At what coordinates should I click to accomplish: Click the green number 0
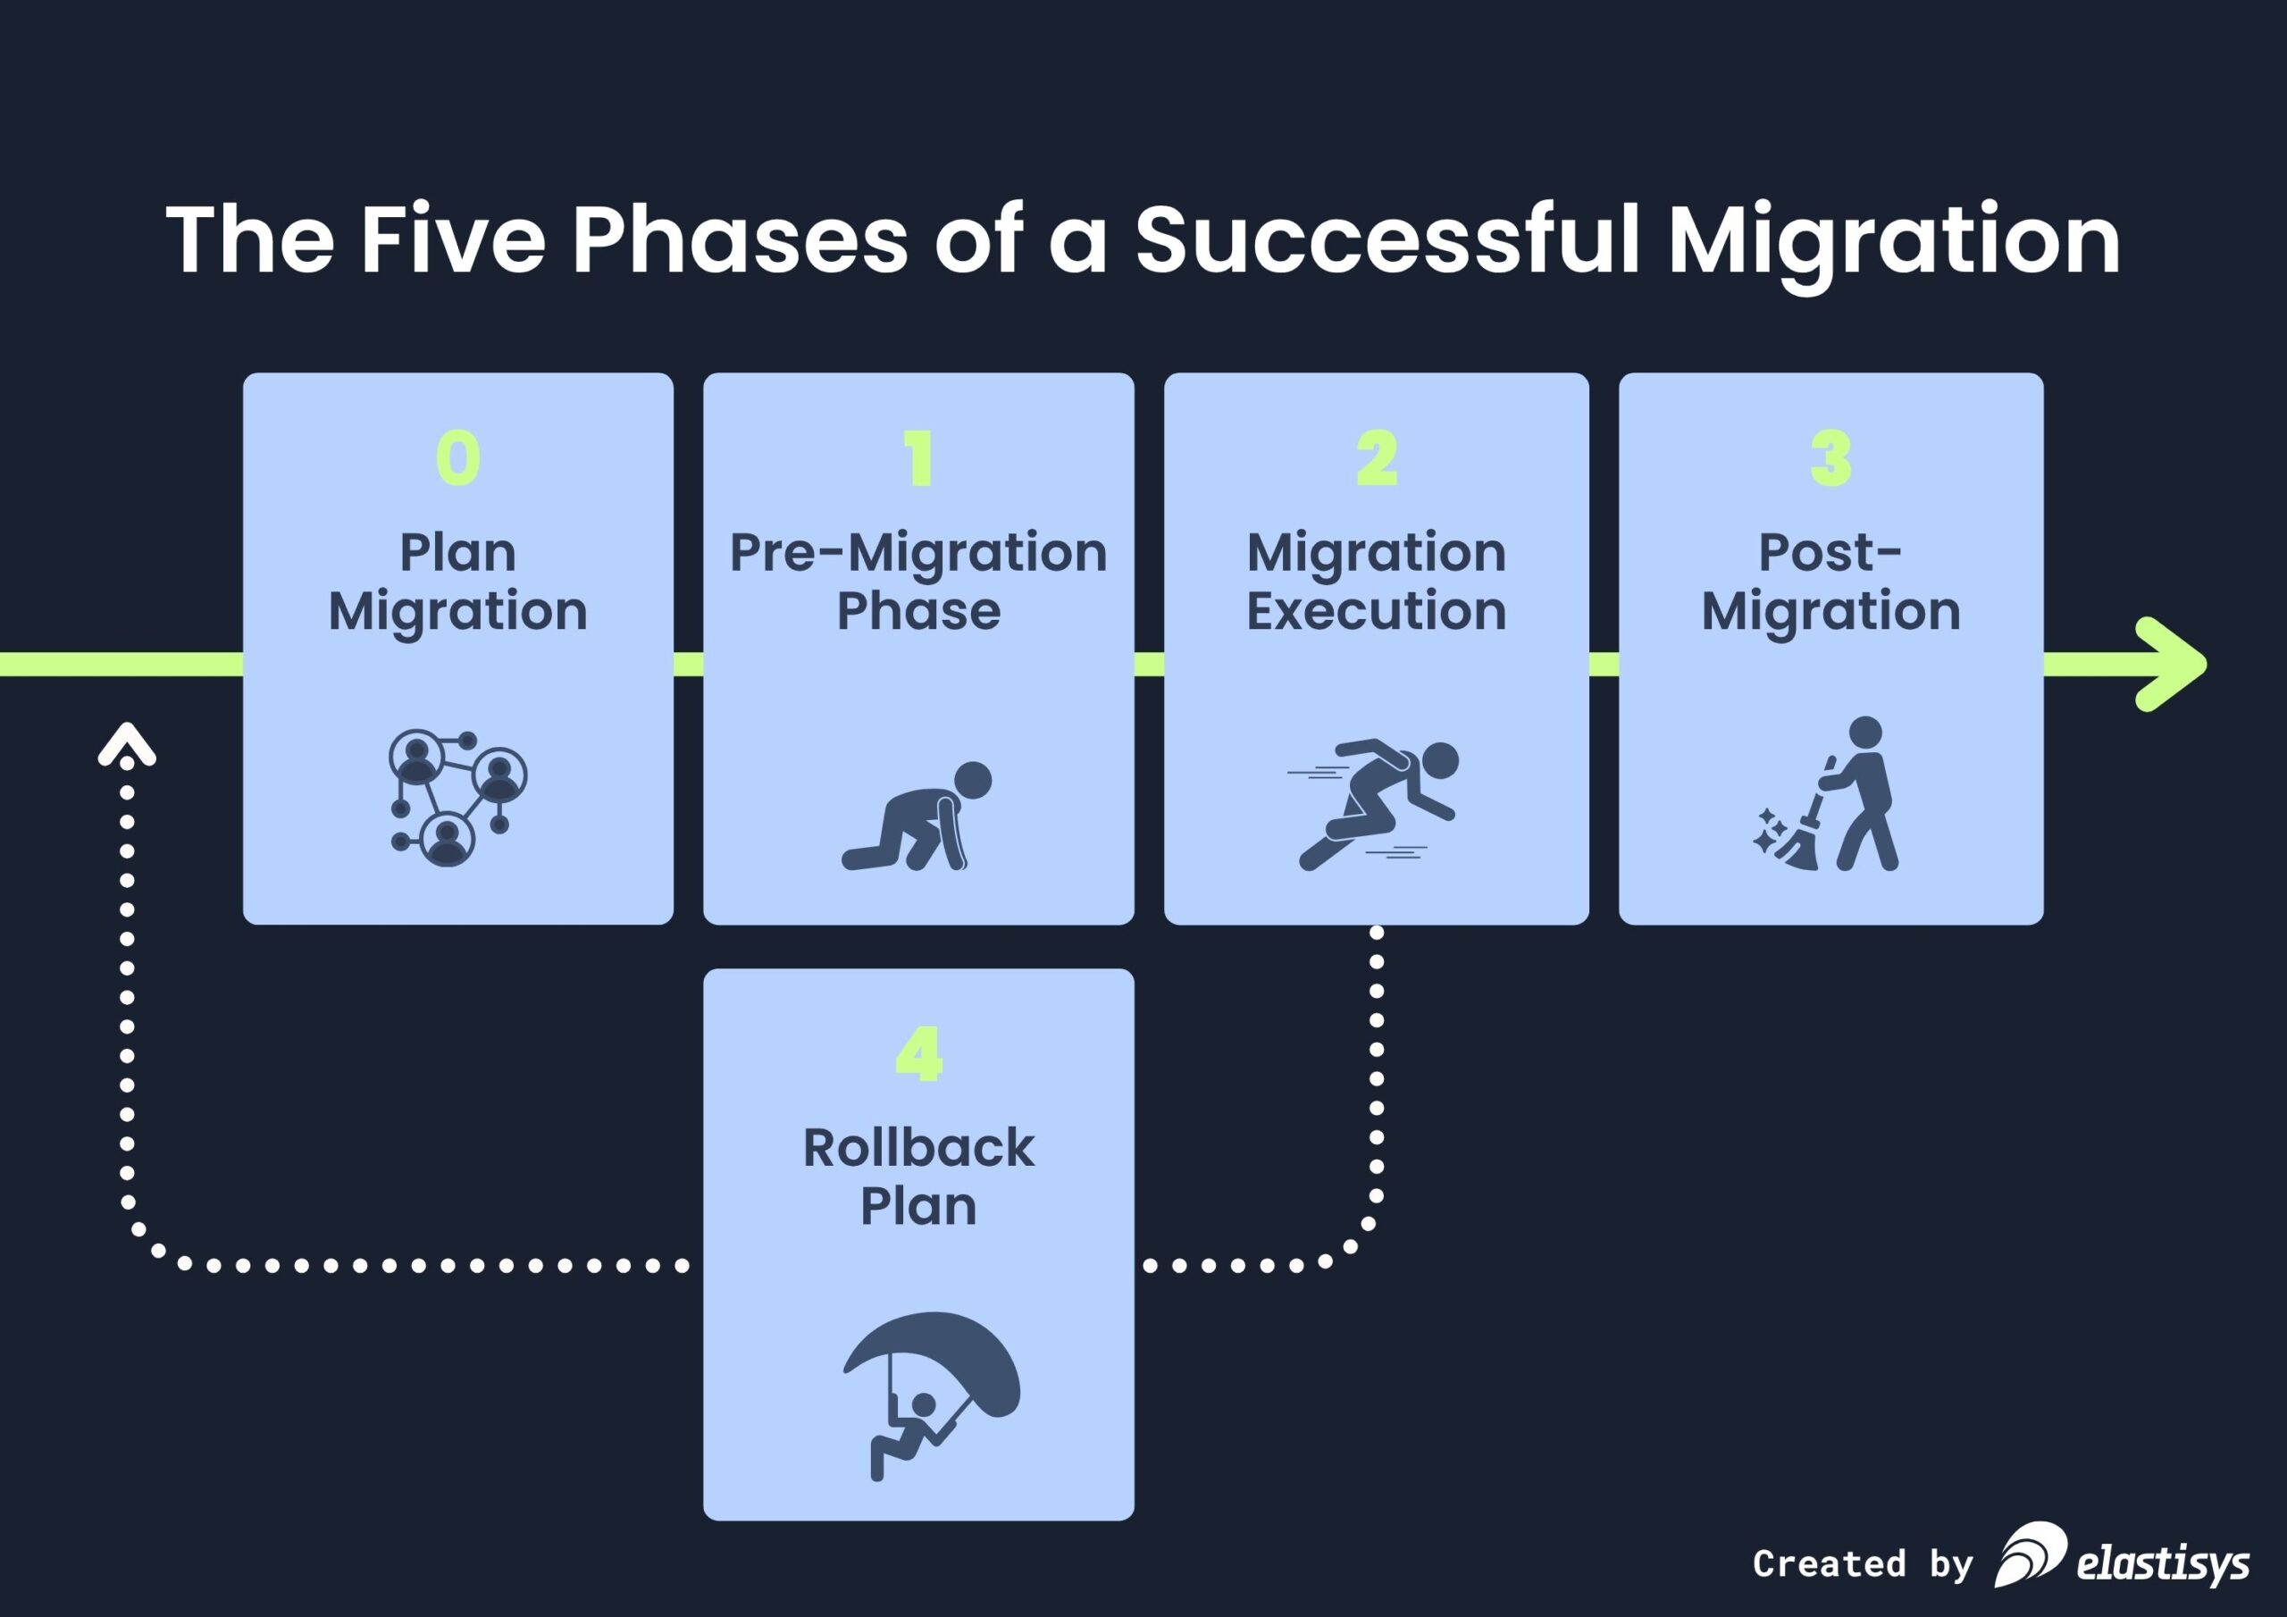pyautogui.click(x=458, y=458)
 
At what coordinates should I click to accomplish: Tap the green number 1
pyautogui.click(x=919, y=458)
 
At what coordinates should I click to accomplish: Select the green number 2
pyautogui.click(x=1377, y=458)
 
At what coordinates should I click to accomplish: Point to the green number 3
pyautogui.click(x=1830, y=458)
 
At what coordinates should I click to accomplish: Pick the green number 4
pyautogui.click(x=918, y=1054)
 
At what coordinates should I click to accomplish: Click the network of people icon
pyautogui.click(x=457, y=798)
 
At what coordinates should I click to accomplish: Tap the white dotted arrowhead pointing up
pyautogui.click(x=128, y=746)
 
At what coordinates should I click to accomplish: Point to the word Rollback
pyautogui.click(x=918, y=1148)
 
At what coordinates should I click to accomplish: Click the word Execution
pyautogui.click(x=1377, y=611)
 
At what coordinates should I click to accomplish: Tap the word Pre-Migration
pyautogui.click(x=918, y=553)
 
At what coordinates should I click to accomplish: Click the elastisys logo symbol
pyautogui.click(x=2029, y=1554)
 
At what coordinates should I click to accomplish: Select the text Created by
pyautogui.click(x=1863, y=1563)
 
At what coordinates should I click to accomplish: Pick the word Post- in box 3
pyautogui.click(x=1830, y=553)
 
